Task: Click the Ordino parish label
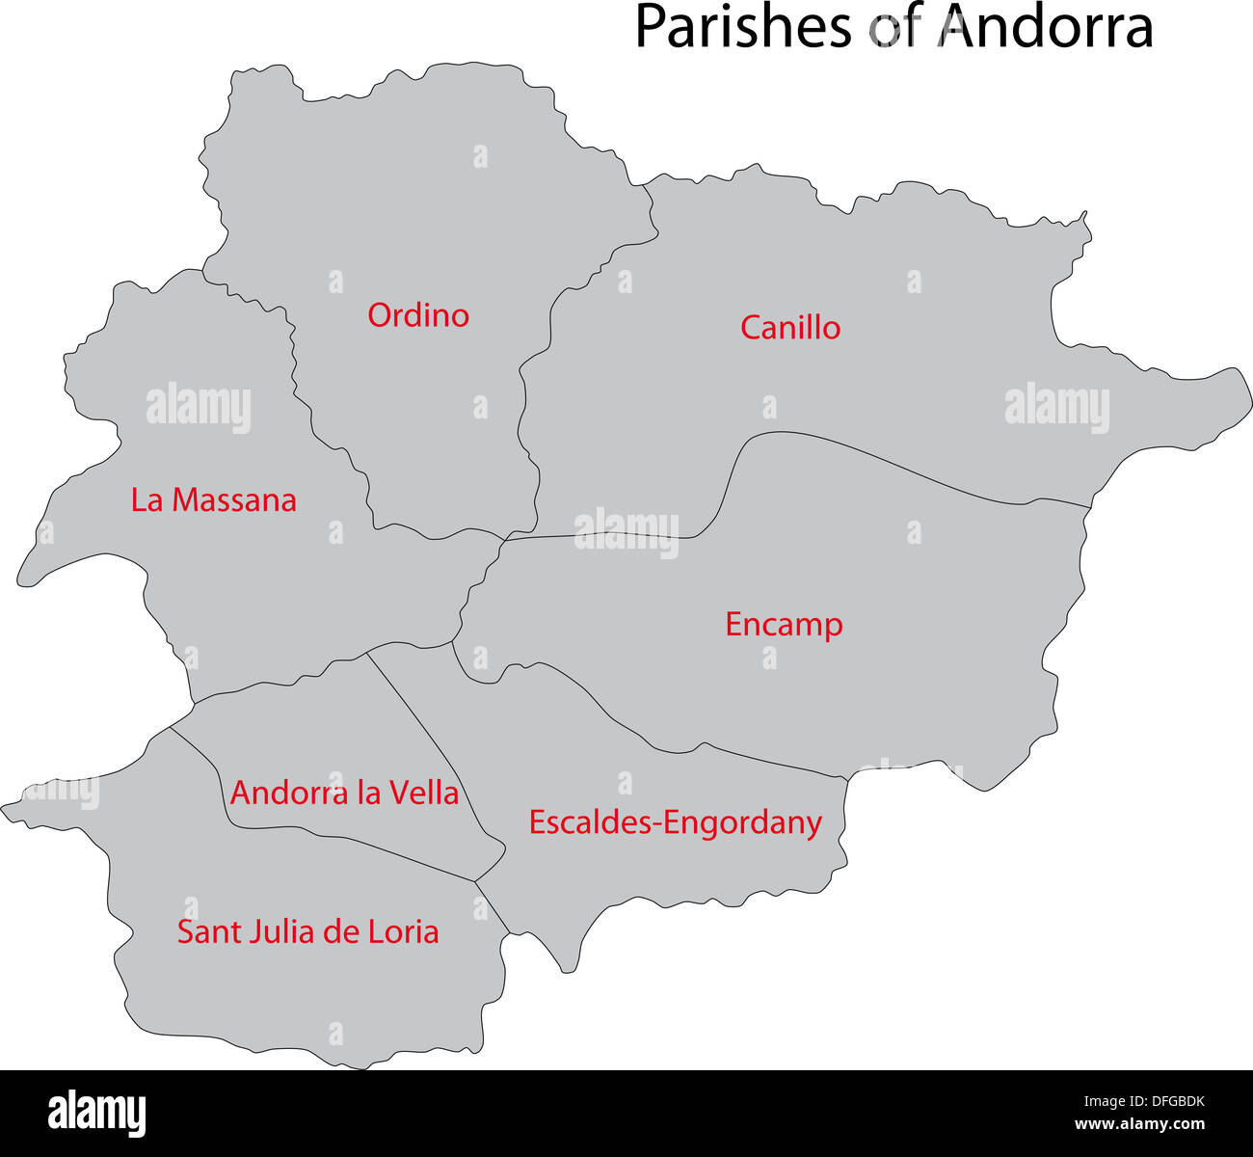(418, 315)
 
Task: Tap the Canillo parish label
(790, 328)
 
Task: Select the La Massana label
(213, 500)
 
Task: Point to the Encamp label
(784, 625)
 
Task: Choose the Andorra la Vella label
(344, 794)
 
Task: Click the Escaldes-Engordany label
(675, 823)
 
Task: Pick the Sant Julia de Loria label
(307, 932)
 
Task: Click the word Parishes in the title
(743, 27)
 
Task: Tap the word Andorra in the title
(1047, 27)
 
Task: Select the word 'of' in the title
(895, 27)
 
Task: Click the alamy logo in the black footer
(97, 1114)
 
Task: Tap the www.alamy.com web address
(1140, 1125)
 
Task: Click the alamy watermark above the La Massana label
(199, 409)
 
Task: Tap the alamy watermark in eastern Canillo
(1056, 408)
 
